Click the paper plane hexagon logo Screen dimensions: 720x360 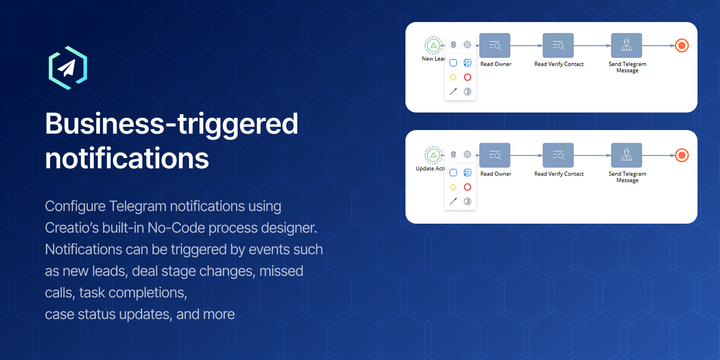point(68,68)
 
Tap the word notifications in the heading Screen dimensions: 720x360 point(127,158)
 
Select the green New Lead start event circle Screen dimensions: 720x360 point(433,45)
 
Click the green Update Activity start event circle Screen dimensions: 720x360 point(433,155)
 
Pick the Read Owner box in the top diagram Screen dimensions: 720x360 point(495,45)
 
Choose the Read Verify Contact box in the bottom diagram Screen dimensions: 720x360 point(558,155)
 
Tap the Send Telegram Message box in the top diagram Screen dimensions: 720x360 point(626,45)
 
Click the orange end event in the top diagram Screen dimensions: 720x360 point(682,45)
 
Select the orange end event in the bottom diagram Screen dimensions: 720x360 point(682,156)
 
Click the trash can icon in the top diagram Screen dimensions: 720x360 point(453,45)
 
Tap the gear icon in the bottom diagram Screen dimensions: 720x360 point(468,154)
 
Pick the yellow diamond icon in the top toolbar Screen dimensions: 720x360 point(453,77)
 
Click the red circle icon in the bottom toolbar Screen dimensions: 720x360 point(468,187)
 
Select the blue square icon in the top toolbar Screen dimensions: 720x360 point(453,63)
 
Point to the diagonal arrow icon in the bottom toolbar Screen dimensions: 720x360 point(453,201)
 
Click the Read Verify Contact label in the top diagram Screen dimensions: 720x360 point(559,64)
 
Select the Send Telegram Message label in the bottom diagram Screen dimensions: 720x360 point(627,177)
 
